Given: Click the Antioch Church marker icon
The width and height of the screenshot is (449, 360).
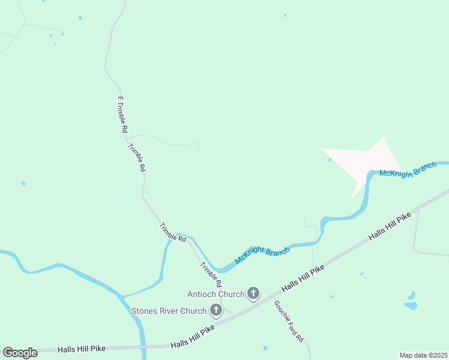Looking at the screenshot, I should pyautogui.click(x=253, y=293).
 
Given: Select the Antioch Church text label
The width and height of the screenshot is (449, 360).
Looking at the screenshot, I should pyautogui.click(x=215, y=294).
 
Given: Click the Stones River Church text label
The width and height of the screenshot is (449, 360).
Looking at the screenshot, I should pyautogui.click(x=169, y=311).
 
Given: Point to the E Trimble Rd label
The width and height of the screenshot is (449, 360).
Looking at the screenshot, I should pyautogui.click(x=122, y=115).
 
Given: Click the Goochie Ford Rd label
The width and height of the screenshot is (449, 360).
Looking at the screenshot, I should pyautogui.click(x=289, y=321).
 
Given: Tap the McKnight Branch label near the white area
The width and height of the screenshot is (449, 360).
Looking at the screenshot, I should pyautogui.click(x=408, y=169).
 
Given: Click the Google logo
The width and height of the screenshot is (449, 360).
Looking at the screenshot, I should pyautogui.click(x=20, y=353).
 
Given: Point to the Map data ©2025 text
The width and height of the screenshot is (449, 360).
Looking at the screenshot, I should pyautogui.click(x=423, y=355).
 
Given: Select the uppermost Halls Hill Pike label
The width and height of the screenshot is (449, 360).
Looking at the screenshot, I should pyautogui.click(x=390, y=226).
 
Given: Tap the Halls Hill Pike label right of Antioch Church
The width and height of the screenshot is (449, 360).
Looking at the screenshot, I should pyautogui.click(x=303, y=278).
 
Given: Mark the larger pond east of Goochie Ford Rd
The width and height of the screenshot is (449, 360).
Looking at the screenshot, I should pyautogui.click(x=411, y=305).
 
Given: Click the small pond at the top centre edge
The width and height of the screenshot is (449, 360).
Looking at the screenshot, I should pyautogui.click(x=285, y=15).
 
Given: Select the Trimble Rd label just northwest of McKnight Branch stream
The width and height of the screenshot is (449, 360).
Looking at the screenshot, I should pyautogui.click(x=172, y=232).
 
